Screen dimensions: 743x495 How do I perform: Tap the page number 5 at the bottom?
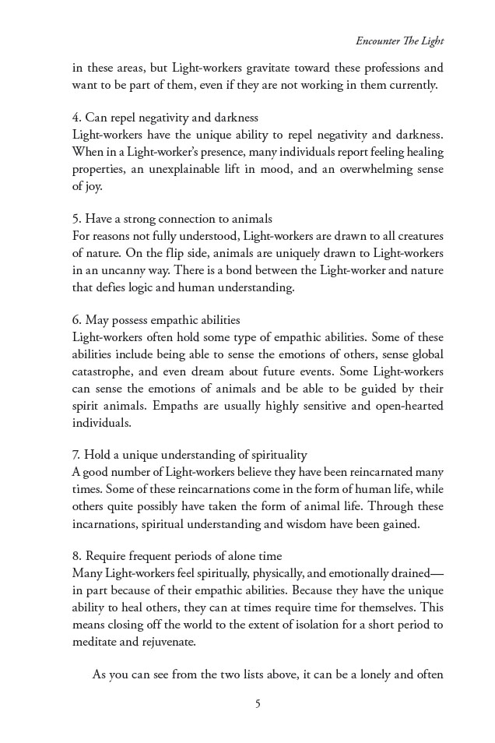(257, 704)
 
